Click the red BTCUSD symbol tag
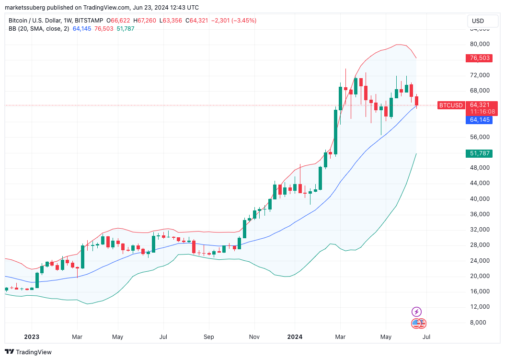[451, 105]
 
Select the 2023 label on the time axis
[32, 337]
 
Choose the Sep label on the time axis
[209, 337]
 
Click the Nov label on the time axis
[254, 337]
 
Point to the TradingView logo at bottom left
[28, 352]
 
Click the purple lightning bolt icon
[417, 312]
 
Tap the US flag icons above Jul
[419, 324]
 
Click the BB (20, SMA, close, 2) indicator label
[39, 29]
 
